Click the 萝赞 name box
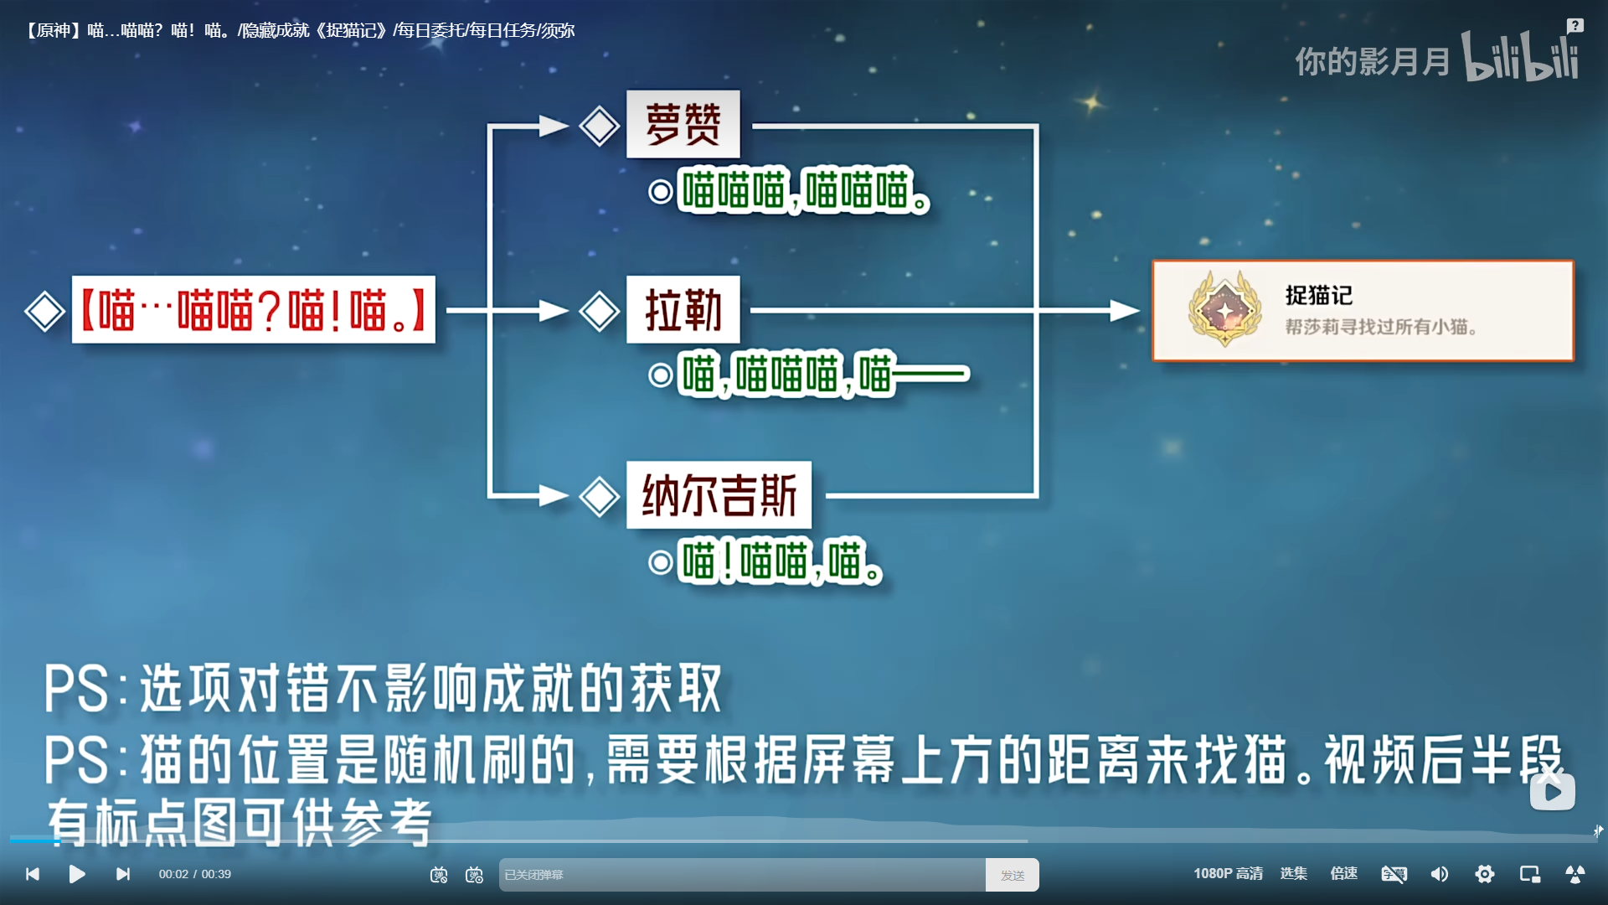[x=683, y=124]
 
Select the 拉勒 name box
[x=683, y=309]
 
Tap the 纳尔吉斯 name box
[x=719, y=494]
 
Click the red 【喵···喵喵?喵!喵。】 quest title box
[x=254, y=309]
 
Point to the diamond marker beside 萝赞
[x=600, y=127]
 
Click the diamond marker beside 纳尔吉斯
[x=600, y=496]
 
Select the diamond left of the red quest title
[x=45, y=312]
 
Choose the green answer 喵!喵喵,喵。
[x=781, y=561]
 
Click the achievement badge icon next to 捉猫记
[x=1224, y=308]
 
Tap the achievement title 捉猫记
[x=1319, y=295]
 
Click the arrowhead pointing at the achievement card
[x=1125, y=311]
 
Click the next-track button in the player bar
[x=123, y=874]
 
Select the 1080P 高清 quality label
[x=1228, y=874]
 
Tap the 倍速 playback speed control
[x=1343, y=874]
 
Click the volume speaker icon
[x=1439, y=874]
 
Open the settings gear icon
[x=1484, y=874]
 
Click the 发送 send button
[x=1013, y=875]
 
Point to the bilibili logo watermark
[x=1520, y=56]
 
